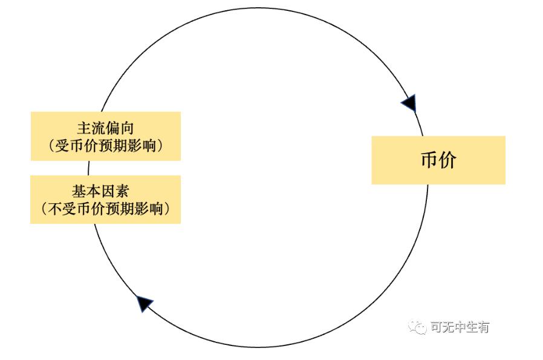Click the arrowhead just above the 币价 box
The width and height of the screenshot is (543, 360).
(x=410, y=103)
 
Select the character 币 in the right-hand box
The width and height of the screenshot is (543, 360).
(x=429, y=160)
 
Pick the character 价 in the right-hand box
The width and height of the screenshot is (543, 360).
(x=447, y=160)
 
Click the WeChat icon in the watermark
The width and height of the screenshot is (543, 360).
(x=417, y=327)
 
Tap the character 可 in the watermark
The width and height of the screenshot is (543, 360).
(x=437, y=327)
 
